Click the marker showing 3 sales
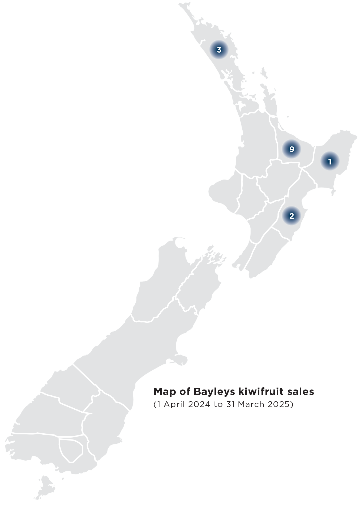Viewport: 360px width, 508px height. [x=219, y=50]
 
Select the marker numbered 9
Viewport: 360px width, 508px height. [x=292, y=149]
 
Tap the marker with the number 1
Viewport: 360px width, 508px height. [x=330, y=162]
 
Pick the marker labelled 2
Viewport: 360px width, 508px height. [x=292, y=216]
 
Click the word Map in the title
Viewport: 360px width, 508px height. [x=164, y=392]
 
